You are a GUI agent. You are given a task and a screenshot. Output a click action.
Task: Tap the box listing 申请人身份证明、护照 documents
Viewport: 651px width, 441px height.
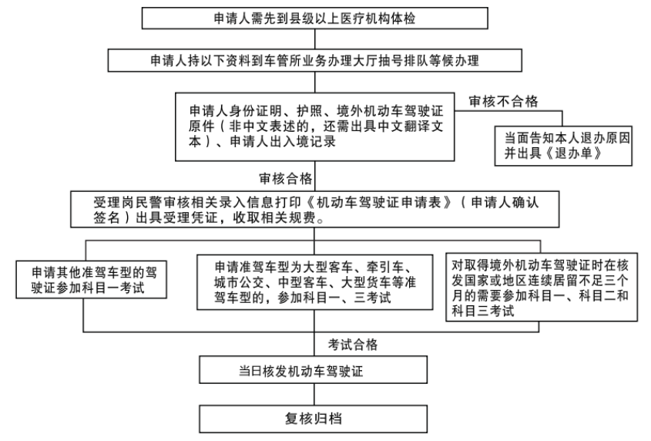coord(317,123)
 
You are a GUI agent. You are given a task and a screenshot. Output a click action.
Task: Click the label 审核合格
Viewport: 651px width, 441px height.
coord(286,178)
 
